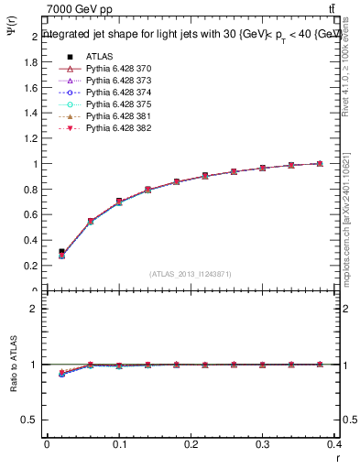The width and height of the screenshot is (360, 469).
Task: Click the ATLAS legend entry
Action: (x=97, y=57)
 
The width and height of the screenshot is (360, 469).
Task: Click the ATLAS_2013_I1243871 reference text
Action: (x=191, y=274)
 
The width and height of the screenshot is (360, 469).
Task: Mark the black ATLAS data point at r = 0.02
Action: (x=61, y=251)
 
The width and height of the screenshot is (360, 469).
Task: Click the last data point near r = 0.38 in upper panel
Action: (x=320, y=164)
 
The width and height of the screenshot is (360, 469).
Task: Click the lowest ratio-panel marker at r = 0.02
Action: (x=61, y=375)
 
